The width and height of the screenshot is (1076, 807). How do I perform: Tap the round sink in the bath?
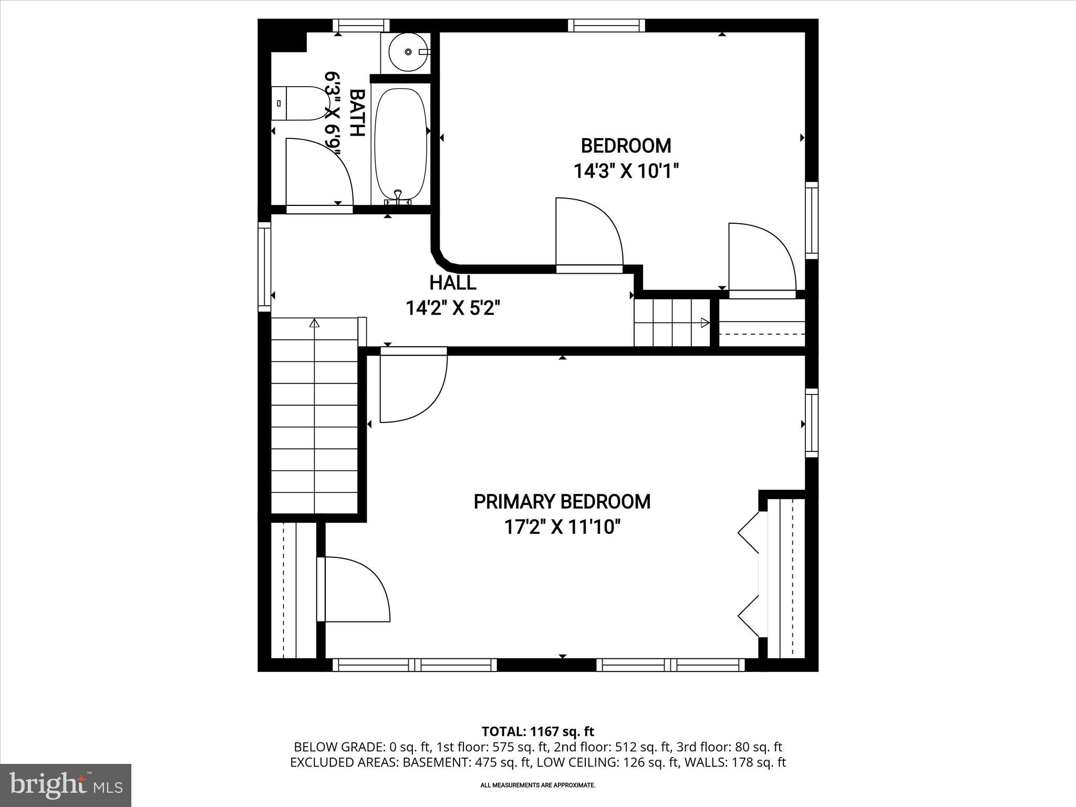click(408, 52)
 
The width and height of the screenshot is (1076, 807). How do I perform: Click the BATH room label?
click(357, 113)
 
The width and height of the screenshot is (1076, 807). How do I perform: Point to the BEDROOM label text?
click(626, 146)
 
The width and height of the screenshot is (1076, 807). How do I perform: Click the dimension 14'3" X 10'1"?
click(626, 171)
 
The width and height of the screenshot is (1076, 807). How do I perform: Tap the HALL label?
click(453, 283)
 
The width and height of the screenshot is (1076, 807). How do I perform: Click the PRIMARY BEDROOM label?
click(562, 502)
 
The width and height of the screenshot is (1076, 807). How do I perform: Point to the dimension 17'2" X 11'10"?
click(562, 527)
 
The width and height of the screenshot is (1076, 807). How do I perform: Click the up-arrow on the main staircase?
click(314, 323)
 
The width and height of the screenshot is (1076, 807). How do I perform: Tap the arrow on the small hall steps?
click(705, 323)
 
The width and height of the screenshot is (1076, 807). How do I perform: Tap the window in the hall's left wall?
click(264, 267)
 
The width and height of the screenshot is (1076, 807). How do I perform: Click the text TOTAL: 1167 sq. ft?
click(537, 731)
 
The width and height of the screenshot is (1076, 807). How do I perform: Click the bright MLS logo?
click(66, 785)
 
